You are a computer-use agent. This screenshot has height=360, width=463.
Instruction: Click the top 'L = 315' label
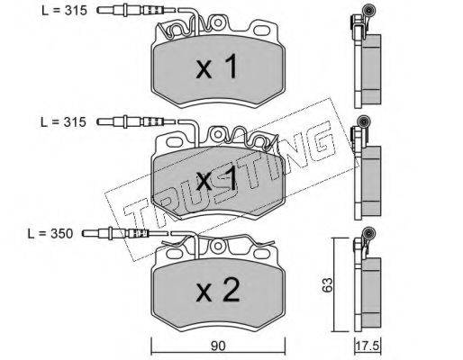[64, 11]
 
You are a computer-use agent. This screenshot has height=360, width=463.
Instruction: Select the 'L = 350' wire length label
[50, 234]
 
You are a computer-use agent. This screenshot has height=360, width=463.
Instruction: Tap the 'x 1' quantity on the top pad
[217, 68]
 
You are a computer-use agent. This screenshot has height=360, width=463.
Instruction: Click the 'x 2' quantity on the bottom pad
[218, 290]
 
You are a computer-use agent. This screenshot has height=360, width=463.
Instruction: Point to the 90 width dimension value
[218, 346]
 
